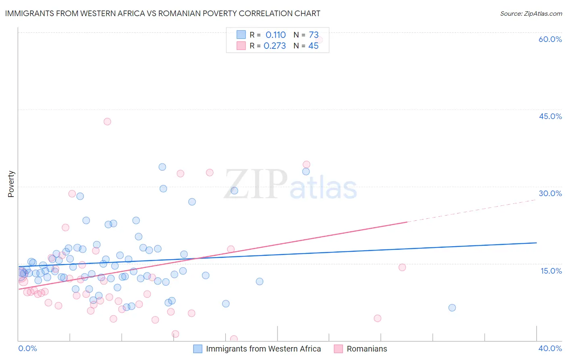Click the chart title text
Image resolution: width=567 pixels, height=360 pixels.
(x=163, y=13)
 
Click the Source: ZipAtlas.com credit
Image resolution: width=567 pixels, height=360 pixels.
(x=531, y=14)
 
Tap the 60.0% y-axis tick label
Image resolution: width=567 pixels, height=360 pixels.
(x=550, y=39)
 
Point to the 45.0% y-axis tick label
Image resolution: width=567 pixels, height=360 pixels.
(x=550, y=116)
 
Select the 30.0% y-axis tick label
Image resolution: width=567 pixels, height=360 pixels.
(x=550, y=193)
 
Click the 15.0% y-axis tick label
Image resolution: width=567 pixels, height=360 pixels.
(x=551, y=271)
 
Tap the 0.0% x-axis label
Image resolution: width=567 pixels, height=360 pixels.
(x=27, y=348)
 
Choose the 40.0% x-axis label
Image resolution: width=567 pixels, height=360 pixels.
(x=550, y=348)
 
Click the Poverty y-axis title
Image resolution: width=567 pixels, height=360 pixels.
(x=11, y=184)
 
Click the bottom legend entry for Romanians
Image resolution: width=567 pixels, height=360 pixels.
(x=367, y=349)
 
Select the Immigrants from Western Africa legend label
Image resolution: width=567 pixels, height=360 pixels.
(x=263, y=349)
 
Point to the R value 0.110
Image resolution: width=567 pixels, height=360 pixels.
(x=275, y=35)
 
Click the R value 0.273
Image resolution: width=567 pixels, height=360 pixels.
(x=275, y=46)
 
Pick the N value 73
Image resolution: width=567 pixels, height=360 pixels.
(x=313, y=35)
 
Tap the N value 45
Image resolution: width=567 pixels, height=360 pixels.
(x=313, y=46)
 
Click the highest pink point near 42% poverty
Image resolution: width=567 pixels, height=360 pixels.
(x=107, y=121)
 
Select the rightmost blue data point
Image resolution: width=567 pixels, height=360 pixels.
(x=452, y=308)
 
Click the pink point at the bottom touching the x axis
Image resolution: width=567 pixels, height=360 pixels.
(x=234, y=339)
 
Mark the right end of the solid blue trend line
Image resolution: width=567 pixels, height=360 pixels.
(x=536, y=243)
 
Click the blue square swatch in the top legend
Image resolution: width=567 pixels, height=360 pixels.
(x=241, y=35)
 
